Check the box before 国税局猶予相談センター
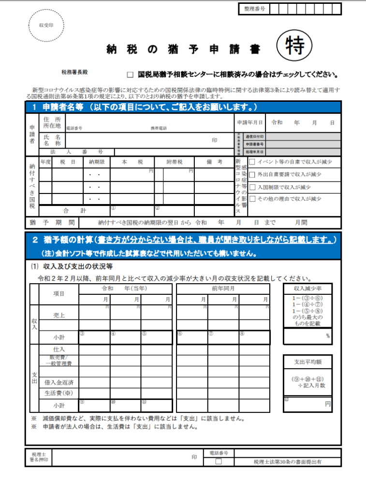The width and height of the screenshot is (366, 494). pos(130,75)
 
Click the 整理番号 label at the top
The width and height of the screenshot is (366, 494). pos(254,9)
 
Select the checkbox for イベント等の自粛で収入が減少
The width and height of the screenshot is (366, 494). pos(252,162)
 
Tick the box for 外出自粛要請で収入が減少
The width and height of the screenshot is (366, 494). pos(252,174)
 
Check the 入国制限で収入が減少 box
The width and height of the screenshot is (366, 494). pos(252,187)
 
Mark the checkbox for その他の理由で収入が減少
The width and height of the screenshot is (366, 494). pos(252,199)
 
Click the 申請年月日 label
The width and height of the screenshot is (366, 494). pos(250,123)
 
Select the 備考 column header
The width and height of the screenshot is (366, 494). pos(214,163)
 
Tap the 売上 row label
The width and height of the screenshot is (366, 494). pos(59,315)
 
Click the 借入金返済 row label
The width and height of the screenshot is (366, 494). pos(59,382)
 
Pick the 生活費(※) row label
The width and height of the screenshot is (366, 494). pos(59,393)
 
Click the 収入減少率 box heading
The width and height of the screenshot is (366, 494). pos(308,288)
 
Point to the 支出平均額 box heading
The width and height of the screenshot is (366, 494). pos(308,361)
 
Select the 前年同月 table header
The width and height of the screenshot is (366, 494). pos(223,288)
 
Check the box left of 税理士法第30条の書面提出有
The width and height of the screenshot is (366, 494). pos(219,462)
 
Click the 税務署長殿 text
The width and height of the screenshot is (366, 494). pos(74,72)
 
